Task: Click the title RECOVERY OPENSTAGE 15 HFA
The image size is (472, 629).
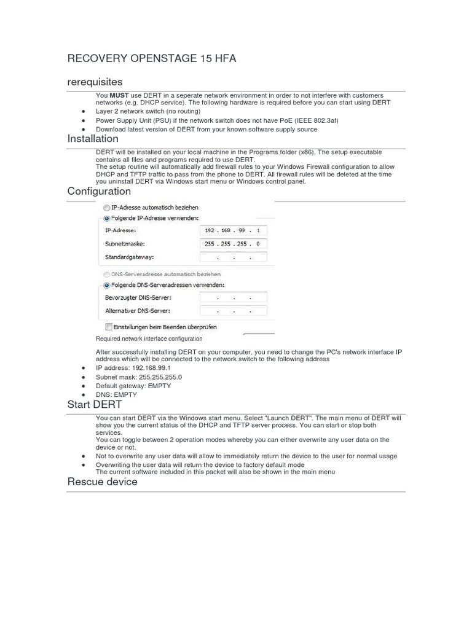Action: point(151,59)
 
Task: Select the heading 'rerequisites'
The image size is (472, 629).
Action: point(95,82)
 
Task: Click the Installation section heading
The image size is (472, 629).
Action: point(93,139)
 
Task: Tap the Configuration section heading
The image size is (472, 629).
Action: point(99,192)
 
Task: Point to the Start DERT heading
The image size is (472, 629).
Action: point(95,405)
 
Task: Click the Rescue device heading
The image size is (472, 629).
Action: point(102,482)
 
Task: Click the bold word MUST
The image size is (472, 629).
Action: point(119,96)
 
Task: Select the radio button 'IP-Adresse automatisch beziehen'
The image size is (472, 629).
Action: point(107,208)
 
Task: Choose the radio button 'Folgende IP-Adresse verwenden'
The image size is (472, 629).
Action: point(107,218)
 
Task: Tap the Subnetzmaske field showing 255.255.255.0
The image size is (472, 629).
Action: point(233,244)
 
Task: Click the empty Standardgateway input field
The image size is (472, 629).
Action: point(233,257)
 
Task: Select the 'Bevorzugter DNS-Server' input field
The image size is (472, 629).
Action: point(233,298)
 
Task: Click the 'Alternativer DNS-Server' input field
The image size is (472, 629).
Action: point(233,311)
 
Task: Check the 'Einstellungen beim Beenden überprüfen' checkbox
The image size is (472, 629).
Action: point(108,327)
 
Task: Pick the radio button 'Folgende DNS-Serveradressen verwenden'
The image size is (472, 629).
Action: point(107,286)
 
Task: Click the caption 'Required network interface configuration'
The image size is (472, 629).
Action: point(149,339)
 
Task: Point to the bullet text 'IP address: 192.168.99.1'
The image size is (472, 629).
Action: point(133,367)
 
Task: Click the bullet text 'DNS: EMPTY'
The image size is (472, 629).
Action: point(116,394)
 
